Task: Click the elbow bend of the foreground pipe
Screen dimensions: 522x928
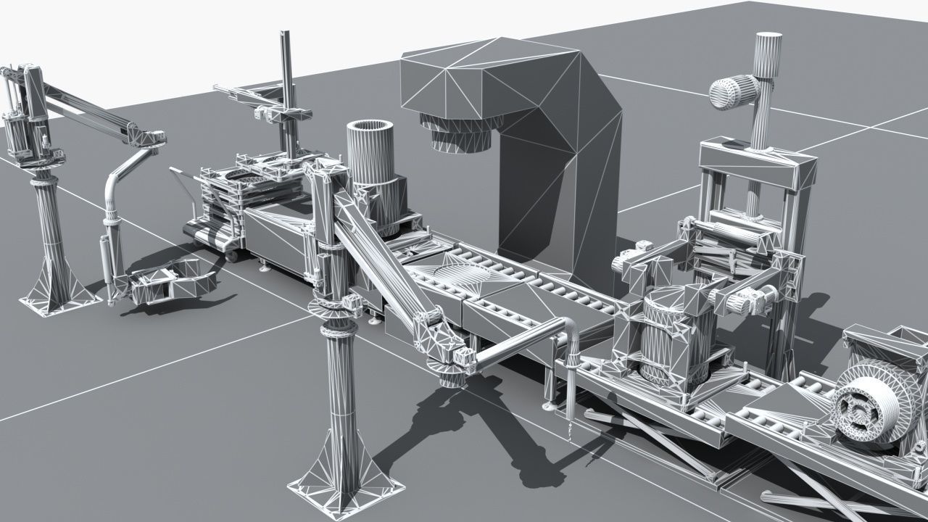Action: point(569,328)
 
